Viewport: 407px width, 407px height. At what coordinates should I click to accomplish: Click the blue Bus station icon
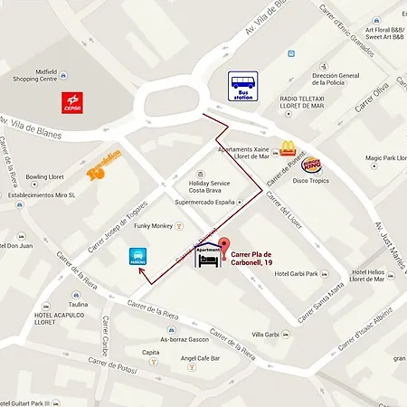pos(242,87)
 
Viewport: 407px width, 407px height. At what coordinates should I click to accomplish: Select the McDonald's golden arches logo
pos(288,147)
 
